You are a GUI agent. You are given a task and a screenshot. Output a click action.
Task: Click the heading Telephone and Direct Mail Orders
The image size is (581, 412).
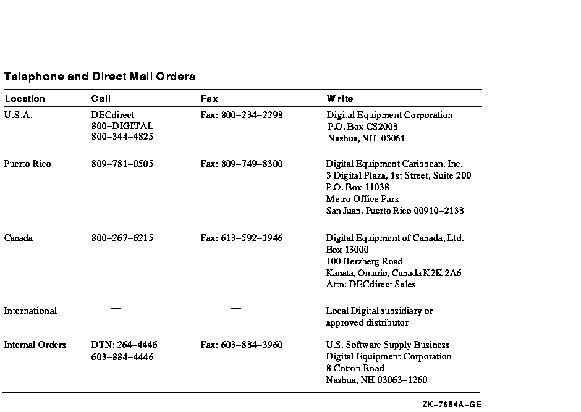tap(100, 77)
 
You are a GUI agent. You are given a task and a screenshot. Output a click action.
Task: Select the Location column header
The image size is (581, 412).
tap(25, 99)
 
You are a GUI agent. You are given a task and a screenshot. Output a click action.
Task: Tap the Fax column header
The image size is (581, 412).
tap(210, 99)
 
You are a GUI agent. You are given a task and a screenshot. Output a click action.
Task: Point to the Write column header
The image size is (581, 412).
tap(340, 99)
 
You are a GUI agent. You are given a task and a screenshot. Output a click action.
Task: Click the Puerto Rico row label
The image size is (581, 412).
tap(27, 164)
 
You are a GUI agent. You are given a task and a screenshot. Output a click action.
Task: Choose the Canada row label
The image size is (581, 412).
tap(19, 238)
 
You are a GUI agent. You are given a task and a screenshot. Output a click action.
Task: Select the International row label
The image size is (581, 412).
tap(30, 311)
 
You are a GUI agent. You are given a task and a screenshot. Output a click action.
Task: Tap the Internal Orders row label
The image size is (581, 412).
tap(35, 345)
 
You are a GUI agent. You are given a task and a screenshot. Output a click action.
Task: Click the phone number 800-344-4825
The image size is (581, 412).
tap(122, 137)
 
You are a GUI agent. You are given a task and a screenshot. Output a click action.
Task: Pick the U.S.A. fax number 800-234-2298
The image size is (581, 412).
tap(242, 115)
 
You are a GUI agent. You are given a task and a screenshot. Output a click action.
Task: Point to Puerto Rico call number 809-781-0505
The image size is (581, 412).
tap(122, 164)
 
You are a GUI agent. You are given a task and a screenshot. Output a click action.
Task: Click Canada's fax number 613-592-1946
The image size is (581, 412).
tap(242, 238)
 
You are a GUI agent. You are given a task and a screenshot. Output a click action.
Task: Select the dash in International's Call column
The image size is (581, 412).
tap(116, 308)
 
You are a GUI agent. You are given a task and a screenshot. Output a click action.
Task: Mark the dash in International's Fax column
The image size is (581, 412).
tap(235, 308)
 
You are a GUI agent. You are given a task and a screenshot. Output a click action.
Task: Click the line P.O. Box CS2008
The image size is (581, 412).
tap(358, 127)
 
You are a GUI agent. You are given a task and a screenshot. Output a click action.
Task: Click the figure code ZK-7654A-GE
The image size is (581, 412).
tap(452, 405)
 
